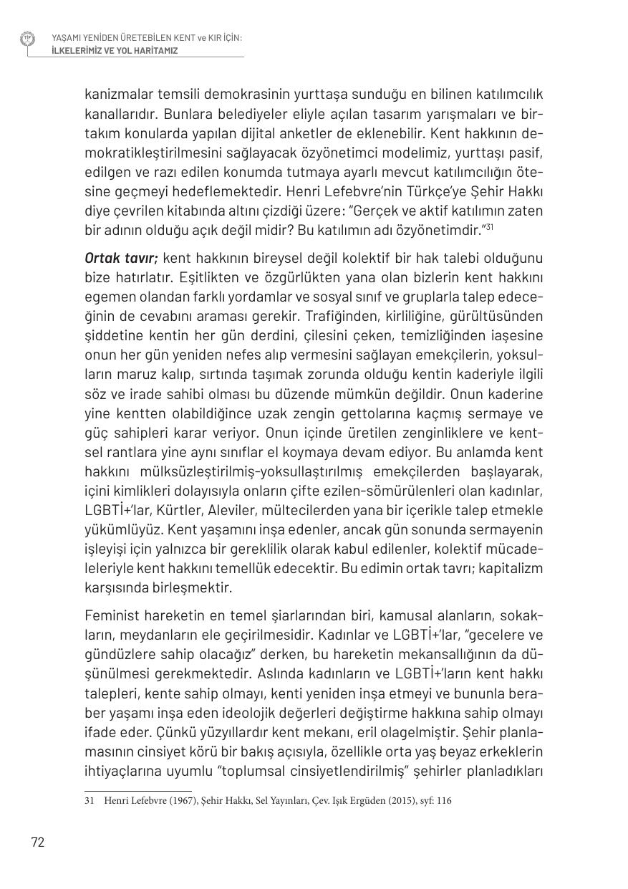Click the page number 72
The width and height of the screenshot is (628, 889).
(38, 842)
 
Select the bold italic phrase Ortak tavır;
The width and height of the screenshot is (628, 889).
(120, 258)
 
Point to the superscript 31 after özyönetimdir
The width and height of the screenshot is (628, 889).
(490, 227)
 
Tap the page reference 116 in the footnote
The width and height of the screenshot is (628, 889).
(444, 801)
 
